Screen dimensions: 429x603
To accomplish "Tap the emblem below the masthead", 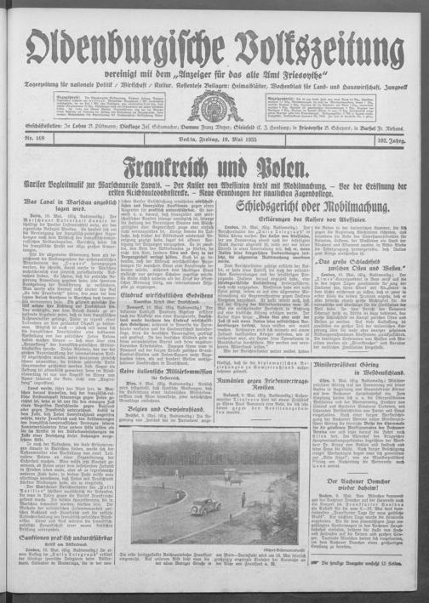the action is tap(214, 105).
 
